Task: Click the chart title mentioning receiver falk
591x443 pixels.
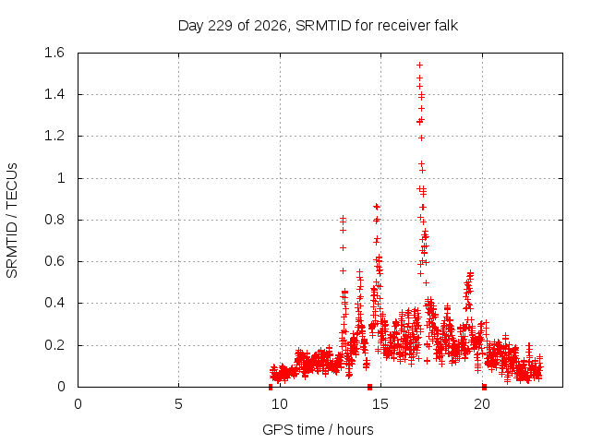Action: point(318,26)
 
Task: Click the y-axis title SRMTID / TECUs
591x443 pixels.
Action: point(12,221)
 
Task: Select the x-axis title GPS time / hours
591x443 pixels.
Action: point(318,429)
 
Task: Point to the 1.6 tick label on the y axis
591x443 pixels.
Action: point(54,53)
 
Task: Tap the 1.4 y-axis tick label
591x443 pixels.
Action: point(54,94)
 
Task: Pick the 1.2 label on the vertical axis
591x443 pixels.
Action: point(54,136)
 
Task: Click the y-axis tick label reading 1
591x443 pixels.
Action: point(61,178)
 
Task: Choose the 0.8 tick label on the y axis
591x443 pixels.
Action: point(54,220)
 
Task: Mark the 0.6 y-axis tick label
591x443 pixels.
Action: point(54,261)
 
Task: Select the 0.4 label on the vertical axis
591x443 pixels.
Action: point(54,303)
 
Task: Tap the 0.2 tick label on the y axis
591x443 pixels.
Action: point(54,345)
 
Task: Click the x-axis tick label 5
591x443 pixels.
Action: point(178,404)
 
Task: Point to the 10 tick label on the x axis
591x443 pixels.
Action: point(280,404)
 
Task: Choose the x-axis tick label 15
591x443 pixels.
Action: point(380,404)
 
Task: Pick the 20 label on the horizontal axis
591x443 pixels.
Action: point(482,404)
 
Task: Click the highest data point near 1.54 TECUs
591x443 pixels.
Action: point(419,66)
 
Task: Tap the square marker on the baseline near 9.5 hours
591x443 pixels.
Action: point(271,387)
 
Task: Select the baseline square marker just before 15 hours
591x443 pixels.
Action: point(369,387)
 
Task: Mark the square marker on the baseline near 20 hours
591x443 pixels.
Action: point(484,387)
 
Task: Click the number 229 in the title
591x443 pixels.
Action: point(220,26)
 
